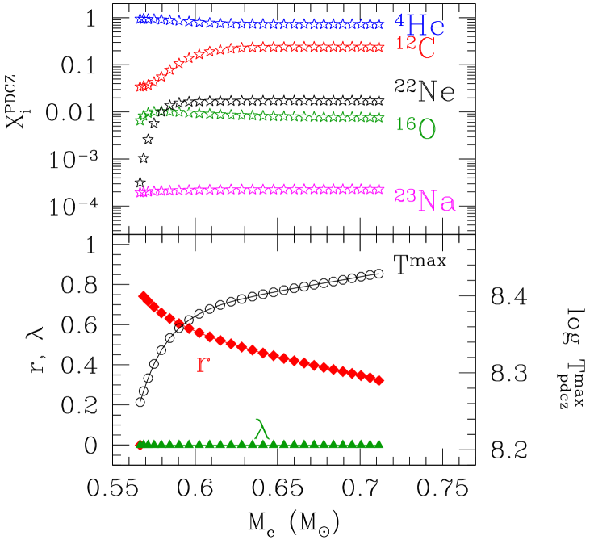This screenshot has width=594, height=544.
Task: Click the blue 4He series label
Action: (x=420, y=25)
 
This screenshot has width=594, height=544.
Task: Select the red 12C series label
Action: (x=415, y=48)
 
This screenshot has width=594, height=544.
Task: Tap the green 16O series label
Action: (x=416, y=128)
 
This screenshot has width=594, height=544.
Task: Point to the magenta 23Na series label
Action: (x=425, y=200)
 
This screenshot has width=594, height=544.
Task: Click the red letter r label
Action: (x=203, y=365)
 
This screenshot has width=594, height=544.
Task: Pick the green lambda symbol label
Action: (x=261, y=429)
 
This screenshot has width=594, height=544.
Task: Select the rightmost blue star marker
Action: (x=379, y=24)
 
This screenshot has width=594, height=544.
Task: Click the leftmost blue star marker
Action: (x=140, y=18)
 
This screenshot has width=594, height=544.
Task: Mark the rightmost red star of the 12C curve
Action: (x=379, y=48)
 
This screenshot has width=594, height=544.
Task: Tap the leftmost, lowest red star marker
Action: (x=140, y=86)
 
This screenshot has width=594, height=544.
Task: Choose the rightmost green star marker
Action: (x=379, y=118)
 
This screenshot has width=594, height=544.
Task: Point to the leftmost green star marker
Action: (x=140, y=120)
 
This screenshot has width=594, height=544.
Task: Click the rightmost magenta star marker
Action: (x=379, y=189)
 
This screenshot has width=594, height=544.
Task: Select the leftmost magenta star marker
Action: (x=140, y=192)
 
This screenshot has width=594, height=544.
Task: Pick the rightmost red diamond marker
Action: (x=379, y=379)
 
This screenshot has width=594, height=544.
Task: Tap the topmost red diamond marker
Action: (x=143, y=295)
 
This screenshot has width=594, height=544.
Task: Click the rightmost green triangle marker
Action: (x=379, y=443)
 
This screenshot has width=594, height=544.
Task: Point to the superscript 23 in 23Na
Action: (x=404, y=195)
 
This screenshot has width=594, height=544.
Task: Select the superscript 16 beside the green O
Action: (x=406, y=123)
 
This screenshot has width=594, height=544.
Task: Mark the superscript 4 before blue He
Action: (x=399, y=19)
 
